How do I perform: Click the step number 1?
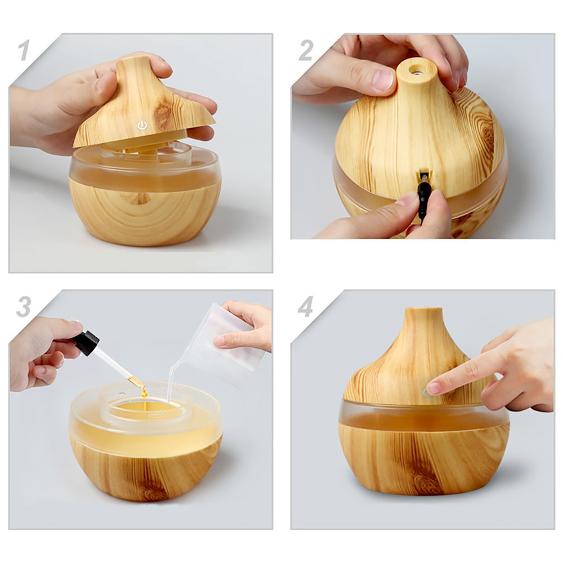pyautogui.click(x=24, y=50)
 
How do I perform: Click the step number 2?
pyautogui.click(x=306, y=50)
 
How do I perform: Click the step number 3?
pyautogui.click(x=24, y=306)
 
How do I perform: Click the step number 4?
pyautogui.click(x=305, y=306)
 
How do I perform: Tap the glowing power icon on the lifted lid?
pyautogui.click(x=142, y=126)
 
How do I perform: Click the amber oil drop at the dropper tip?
pyautogui.click(x=144, y=394)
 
